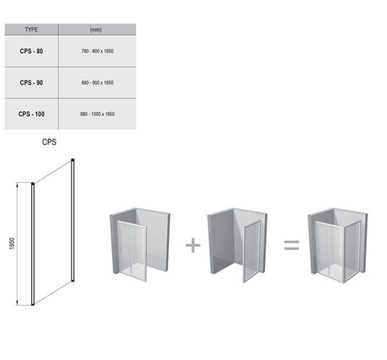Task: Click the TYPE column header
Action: pyautogui.click(x=32, y=30)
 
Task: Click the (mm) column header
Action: pyautogui.click(x=95, y=30)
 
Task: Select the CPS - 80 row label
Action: pyautogui.click(x=32, y=51)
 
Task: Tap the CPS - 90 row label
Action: pyautogui.click(x=32, y=83)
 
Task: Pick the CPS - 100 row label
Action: pyautogui.click(x=32, y=114)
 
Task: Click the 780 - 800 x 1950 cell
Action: pyautogui.click(x=97, y=51)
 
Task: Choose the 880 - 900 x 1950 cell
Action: pyautogui.click(x=97, y=83)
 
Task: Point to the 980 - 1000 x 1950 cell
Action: pyautogui.click(x=97, y=114)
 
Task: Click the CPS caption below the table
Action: pyautogui.click(x=49, y=142)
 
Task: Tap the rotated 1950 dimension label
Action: pyautogui.click(x=12, y=243)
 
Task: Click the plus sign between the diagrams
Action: pyautogui.click(x=193, y=245)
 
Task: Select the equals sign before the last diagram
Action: pyautogui.click(x=292, y=245)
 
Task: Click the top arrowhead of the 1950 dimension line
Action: pyautogui.click(x=17, y=185)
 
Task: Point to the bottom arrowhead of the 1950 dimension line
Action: pyautogui.click(x=17, y=303)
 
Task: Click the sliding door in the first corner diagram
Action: pyautogui.click(x=131, y=250)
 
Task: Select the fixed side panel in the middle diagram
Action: pyautogui.click(x=252, y=252)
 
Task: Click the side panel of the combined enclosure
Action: pyautogui.click(x=353, y=252)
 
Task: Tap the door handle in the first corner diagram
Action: pyautogui.click(x=121, y=249)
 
